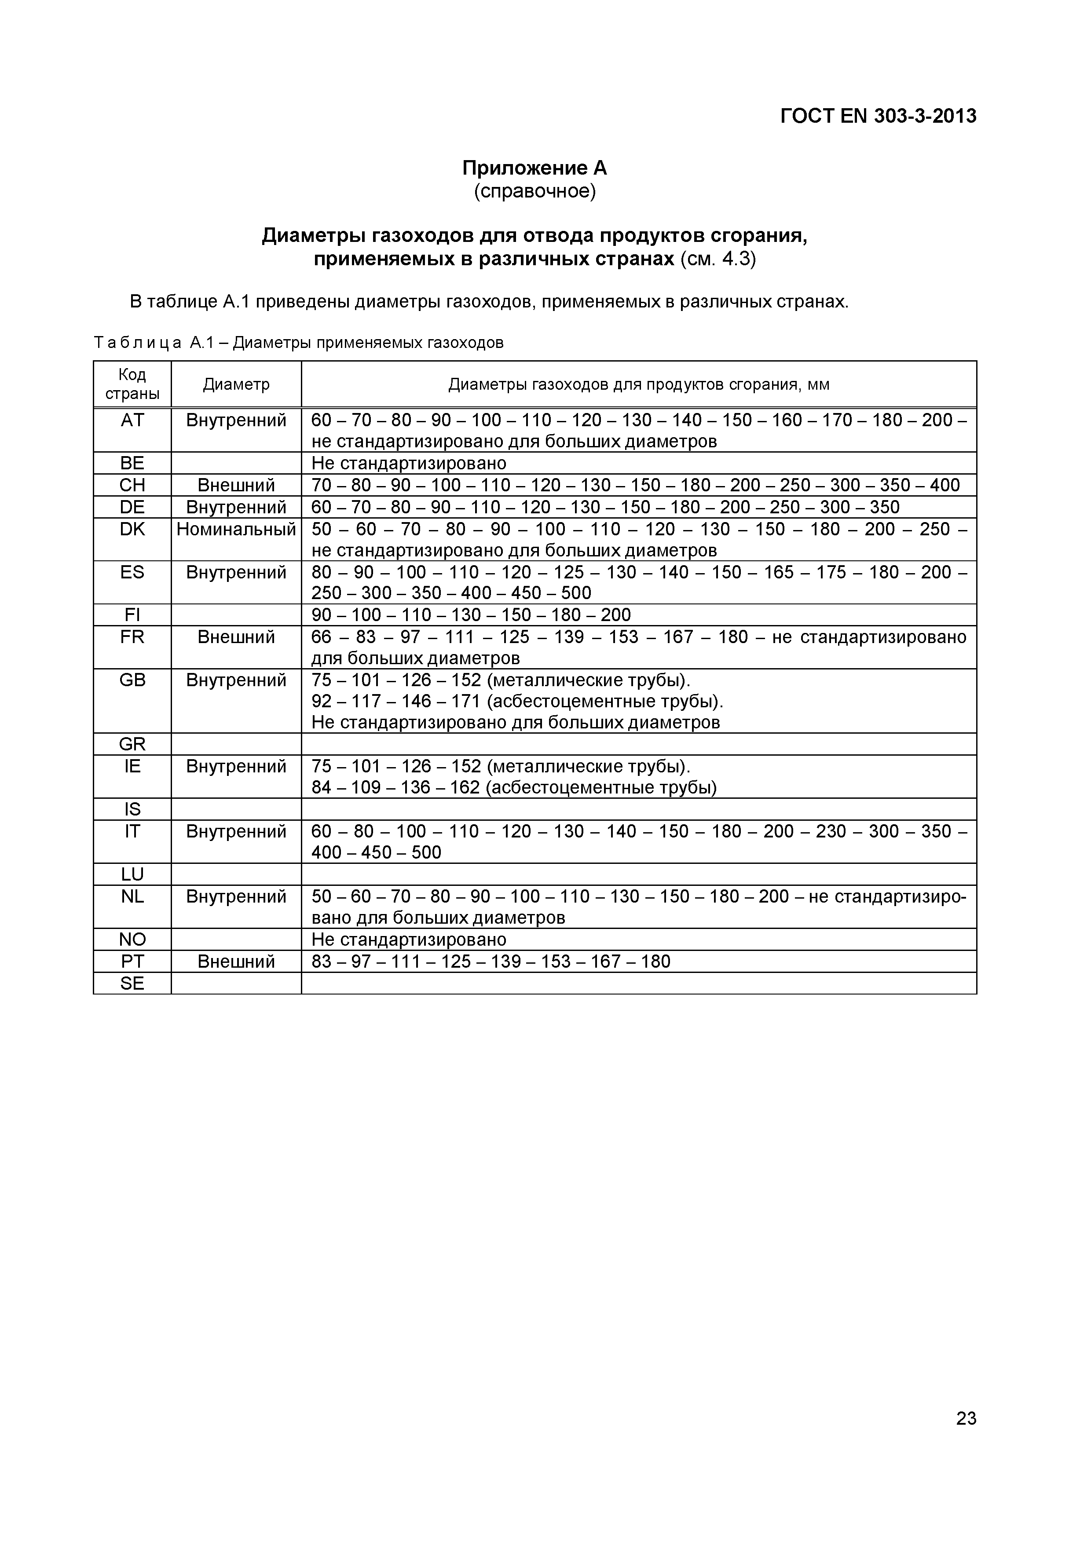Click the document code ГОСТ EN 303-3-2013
pyautogui.click(x=878, y=116)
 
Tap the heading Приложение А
pyautogui.click(x=535, y=167)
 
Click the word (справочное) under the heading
pyautogui.click(x=535, y=191)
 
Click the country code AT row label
pyautogui.click(x=132, y=420)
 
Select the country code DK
pyautogui.click(x=132, y=530)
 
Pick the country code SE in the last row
pyautogui.click(x=132, y=984)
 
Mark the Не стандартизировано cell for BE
pyautogui.click(x=409, y=464)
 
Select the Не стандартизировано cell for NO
pyautogui.click(x=409, y=940)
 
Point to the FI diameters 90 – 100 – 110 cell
pyautogui.click(x=471, y=615)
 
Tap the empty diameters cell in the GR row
pyautogui.click(x=639, y=744)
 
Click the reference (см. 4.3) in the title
pyautogui.click(x=718, y=260)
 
